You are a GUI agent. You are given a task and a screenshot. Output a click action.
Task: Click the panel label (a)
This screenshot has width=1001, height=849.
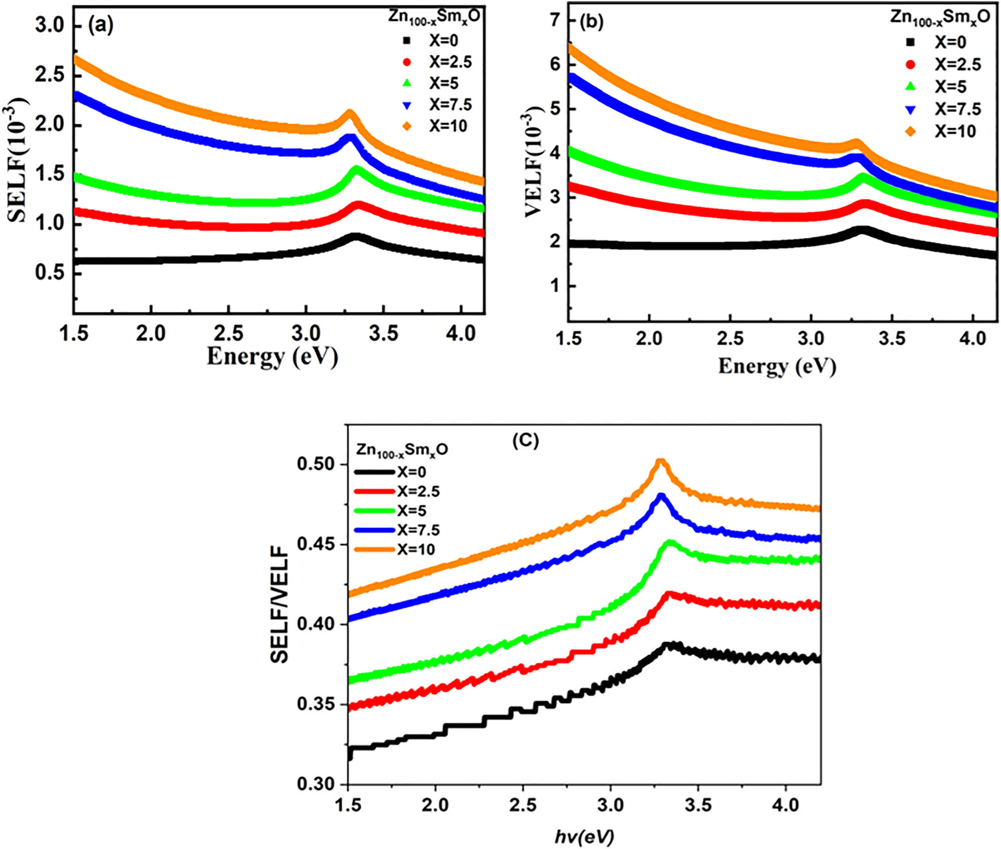101,25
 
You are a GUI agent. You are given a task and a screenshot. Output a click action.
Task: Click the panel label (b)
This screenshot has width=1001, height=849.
591,22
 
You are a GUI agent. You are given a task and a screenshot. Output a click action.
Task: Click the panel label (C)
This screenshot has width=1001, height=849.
525,440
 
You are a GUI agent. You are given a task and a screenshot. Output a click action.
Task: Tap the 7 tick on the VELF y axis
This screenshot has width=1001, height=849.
556,20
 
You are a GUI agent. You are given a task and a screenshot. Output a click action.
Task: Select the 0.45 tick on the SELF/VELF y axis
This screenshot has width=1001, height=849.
316,544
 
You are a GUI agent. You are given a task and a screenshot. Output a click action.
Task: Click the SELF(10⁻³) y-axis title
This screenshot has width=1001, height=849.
18,159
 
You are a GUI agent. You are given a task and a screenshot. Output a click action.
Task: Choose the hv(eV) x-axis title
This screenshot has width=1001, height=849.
584,835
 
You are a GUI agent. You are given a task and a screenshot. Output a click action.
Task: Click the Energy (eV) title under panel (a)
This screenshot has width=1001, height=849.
272,357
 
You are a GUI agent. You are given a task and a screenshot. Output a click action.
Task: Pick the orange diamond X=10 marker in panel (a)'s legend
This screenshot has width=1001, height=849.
407,126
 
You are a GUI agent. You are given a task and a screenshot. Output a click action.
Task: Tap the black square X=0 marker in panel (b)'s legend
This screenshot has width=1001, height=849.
910,43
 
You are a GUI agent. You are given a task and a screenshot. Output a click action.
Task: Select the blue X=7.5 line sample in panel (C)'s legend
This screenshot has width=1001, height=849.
374,530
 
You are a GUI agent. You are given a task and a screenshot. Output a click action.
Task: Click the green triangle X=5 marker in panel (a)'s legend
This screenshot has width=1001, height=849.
407,83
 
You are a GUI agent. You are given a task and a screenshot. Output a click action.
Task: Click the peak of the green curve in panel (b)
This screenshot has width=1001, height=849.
863,177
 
